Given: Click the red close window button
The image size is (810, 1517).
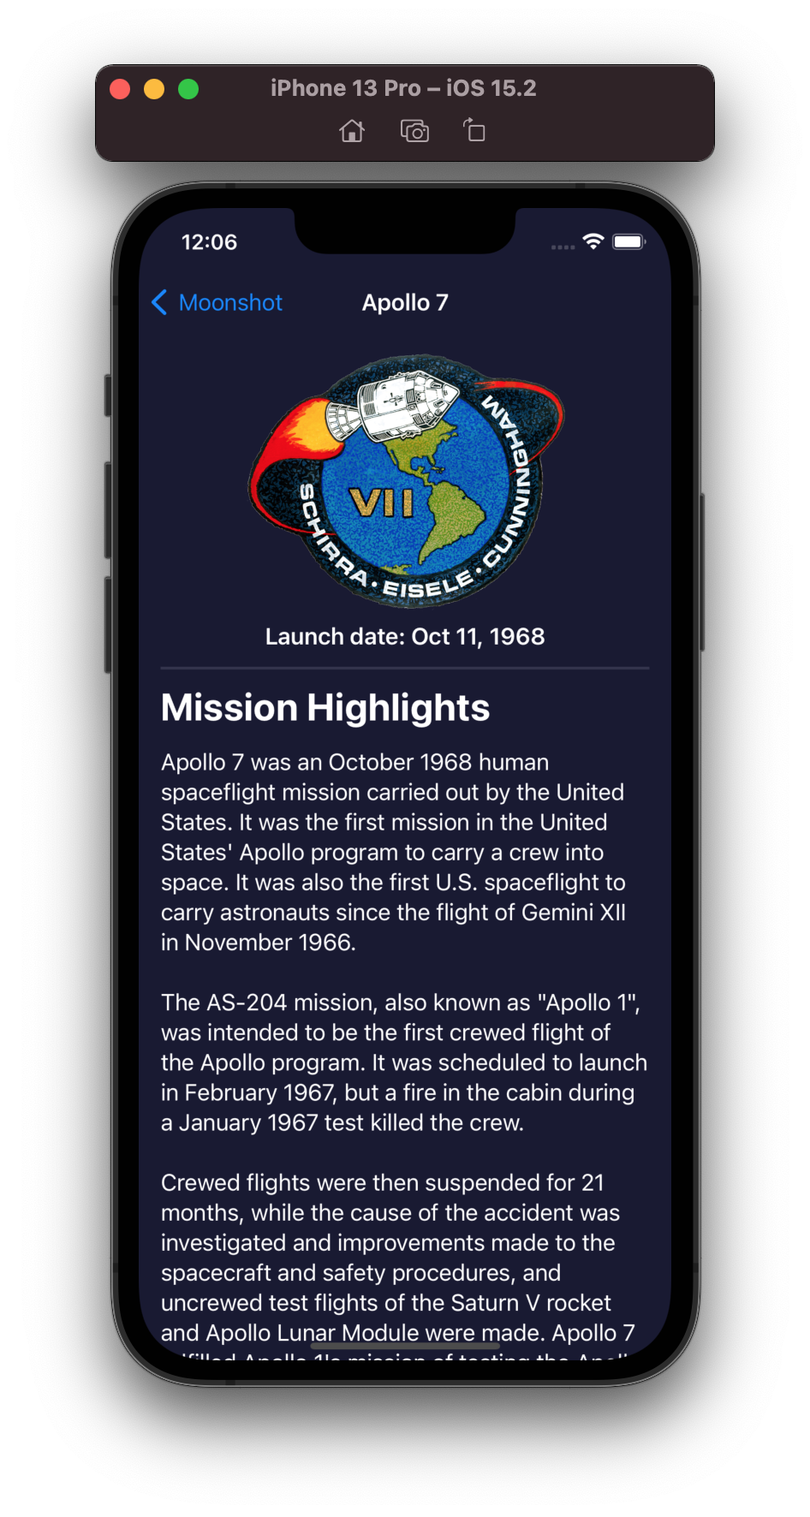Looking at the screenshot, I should click(x=120, y=89).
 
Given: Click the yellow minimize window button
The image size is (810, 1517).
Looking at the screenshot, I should click(x=154, y=89).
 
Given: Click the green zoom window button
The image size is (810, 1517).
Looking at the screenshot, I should click(x=188, y=89).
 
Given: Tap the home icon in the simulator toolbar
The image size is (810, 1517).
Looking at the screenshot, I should click(x=352, y=131).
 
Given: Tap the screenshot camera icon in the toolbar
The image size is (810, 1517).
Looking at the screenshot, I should click(x=414, y=131).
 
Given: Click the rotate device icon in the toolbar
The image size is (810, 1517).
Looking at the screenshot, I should click(x=474, y=131).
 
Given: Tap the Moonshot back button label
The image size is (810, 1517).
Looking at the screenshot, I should click(x=230, y=303).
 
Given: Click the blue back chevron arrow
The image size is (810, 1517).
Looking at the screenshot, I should click(x=159, y=302).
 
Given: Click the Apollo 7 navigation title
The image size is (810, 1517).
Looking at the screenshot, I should click(x=405, y=303).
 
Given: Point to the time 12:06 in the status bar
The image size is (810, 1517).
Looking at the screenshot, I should click(x=209, y=242).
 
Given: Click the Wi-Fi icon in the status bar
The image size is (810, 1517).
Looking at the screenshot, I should click(x=593, y=241).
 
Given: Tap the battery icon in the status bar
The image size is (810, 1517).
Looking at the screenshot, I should click(x=628, y=241).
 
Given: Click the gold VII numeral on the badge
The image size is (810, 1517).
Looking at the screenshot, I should click(x=382, y=503).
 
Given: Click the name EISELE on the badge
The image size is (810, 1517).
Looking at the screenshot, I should click(x=427, y=585).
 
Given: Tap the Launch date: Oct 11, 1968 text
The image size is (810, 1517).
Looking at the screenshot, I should click(x=405, y=637).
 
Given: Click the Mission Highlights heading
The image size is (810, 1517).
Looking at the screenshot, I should click(x=325, y=708).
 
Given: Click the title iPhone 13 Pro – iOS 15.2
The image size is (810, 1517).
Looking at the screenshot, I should click(x=403, y=88).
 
